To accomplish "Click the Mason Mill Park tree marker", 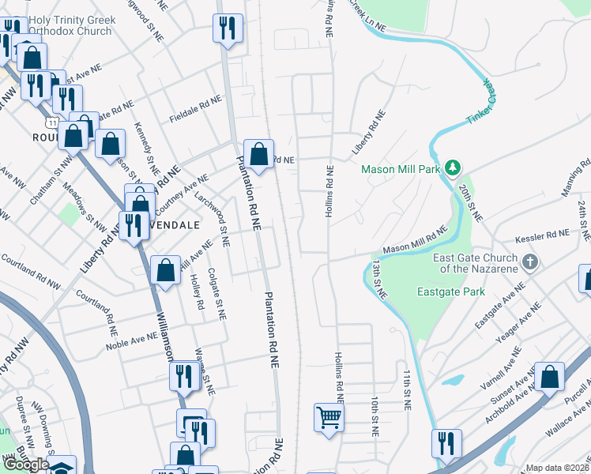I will click(452, 167).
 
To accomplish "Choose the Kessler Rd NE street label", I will click(542, 235).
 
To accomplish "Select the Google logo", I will click(26, 464).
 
